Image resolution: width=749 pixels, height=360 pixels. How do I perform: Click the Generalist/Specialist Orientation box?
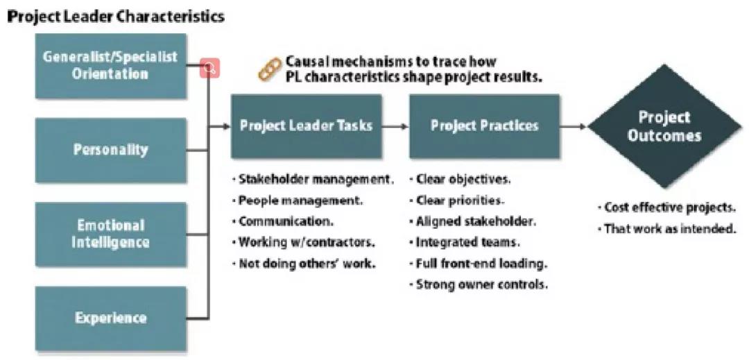tap(110, 65)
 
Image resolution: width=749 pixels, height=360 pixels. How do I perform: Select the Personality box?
tap(110, 150)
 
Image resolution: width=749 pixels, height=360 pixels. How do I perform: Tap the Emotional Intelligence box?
tap(110, 234)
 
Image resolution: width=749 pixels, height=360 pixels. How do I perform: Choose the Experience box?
tap(110, 318)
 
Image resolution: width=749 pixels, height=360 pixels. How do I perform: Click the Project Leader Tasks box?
tap(306, 126)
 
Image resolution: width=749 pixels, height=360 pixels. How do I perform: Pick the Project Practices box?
tap(484, 126)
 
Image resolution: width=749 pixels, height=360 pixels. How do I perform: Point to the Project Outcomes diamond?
tap(664, 126)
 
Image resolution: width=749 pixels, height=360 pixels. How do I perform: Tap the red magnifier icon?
tap(210, 68)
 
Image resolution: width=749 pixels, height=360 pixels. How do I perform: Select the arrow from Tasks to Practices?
tap(395, 126)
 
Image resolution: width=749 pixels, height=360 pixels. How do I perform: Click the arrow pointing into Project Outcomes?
tap(574, 126)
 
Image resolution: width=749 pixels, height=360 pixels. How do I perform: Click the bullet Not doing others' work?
tap(304, 264)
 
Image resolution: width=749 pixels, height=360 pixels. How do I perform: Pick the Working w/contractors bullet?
tap(304, 242)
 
